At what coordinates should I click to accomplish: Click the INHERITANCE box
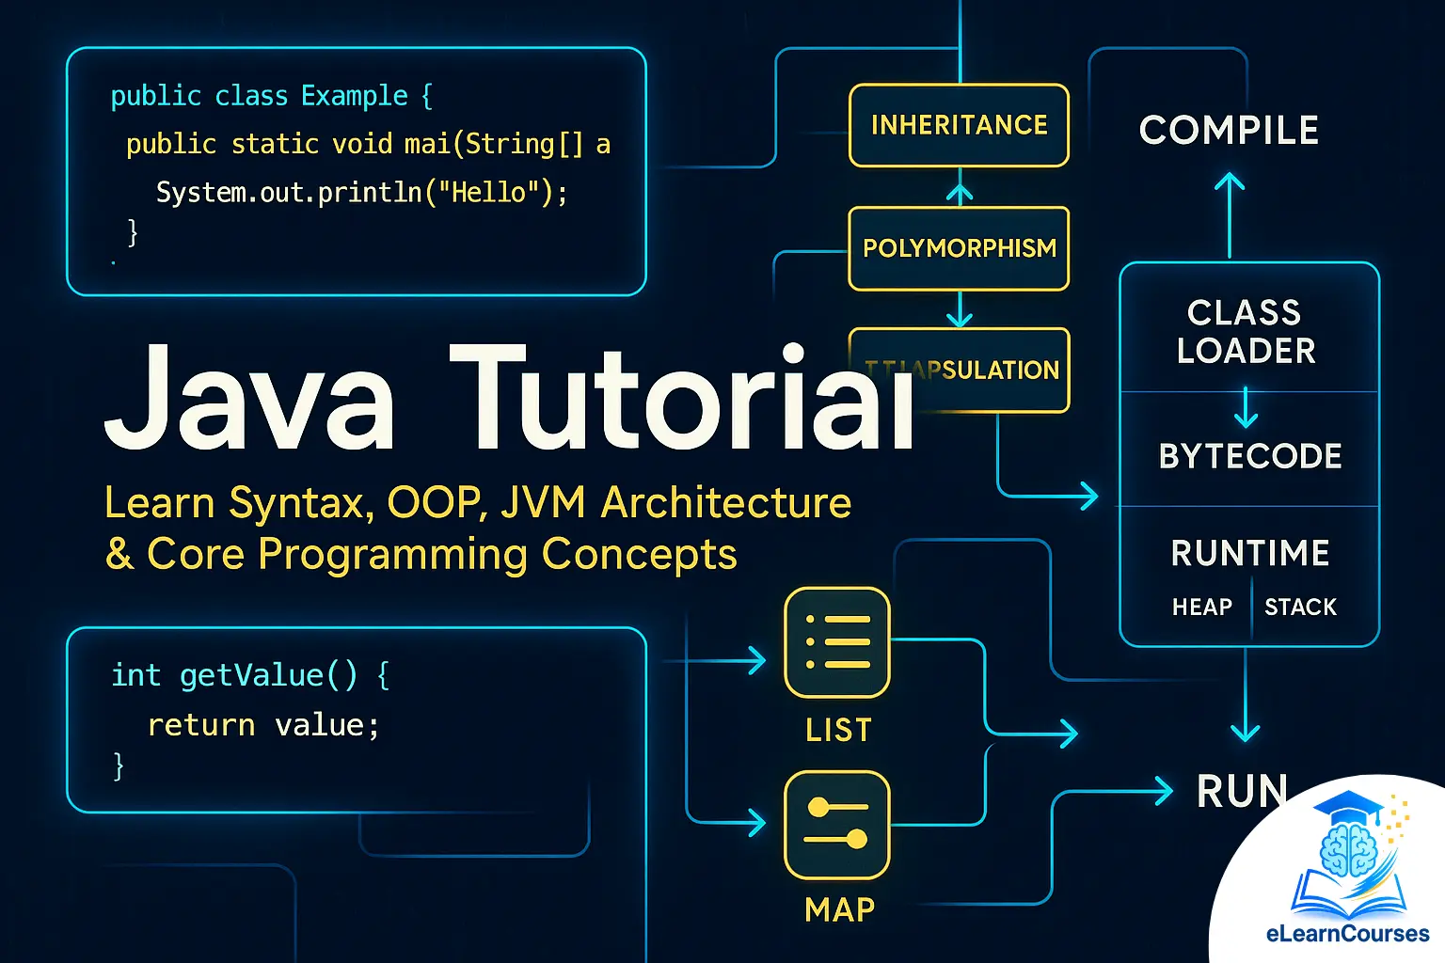[959, 125]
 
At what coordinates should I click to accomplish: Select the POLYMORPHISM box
[959, 248]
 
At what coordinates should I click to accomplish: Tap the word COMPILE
[1229, 131]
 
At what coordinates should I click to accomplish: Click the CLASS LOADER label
[1246, 331]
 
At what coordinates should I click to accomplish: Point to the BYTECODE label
[1250, 456]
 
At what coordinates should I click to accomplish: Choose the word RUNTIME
[1250, 553]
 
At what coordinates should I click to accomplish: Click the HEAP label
[1201, 608]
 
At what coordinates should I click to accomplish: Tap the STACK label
[1300, 608]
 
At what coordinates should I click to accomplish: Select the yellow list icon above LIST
[836, 642]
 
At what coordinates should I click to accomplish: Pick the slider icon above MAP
[836, 825]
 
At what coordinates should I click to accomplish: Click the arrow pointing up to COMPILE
[1229, 212]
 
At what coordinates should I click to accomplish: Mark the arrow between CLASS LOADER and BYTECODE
[1246, 407]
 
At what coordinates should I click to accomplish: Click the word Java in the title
[249, 400]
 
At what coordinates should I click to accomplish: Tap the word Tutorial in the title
[682, 400]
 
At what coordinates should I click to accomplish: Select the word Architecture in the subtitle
[726, 502]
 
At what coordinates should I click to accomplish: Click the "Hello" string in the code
[488, 193]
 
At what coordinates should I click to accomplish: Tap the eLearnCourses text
[1347, 934]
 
